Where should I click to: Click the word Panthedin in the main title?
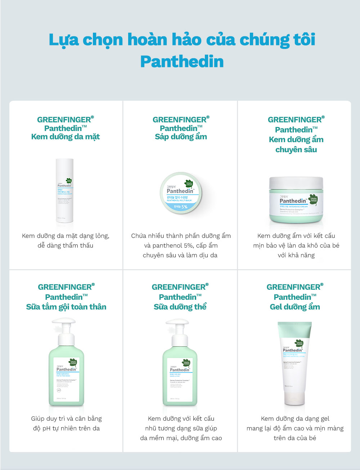pos(182,62)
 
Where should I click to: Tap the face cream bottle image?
pos(65,191)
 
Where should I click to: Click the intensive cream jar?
pos(296,200)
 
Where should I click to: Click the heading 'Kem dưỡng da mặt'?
pos(66,137)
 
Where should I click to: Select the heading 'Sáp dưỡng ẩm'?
pos(181,137)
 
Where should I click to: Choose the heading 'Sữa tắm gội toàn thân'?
pos(66,307)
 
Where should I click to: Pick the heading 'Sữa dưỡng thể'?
pos(180,307)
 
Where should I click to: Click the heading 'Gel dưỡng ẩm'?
pos(295,307)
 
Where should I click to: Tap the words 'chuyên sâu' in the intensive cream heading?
pos(296,150)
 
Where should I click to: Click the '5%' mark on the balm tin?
pos(184,207)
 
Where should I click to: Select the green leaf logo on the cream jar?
pos(313,199)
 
